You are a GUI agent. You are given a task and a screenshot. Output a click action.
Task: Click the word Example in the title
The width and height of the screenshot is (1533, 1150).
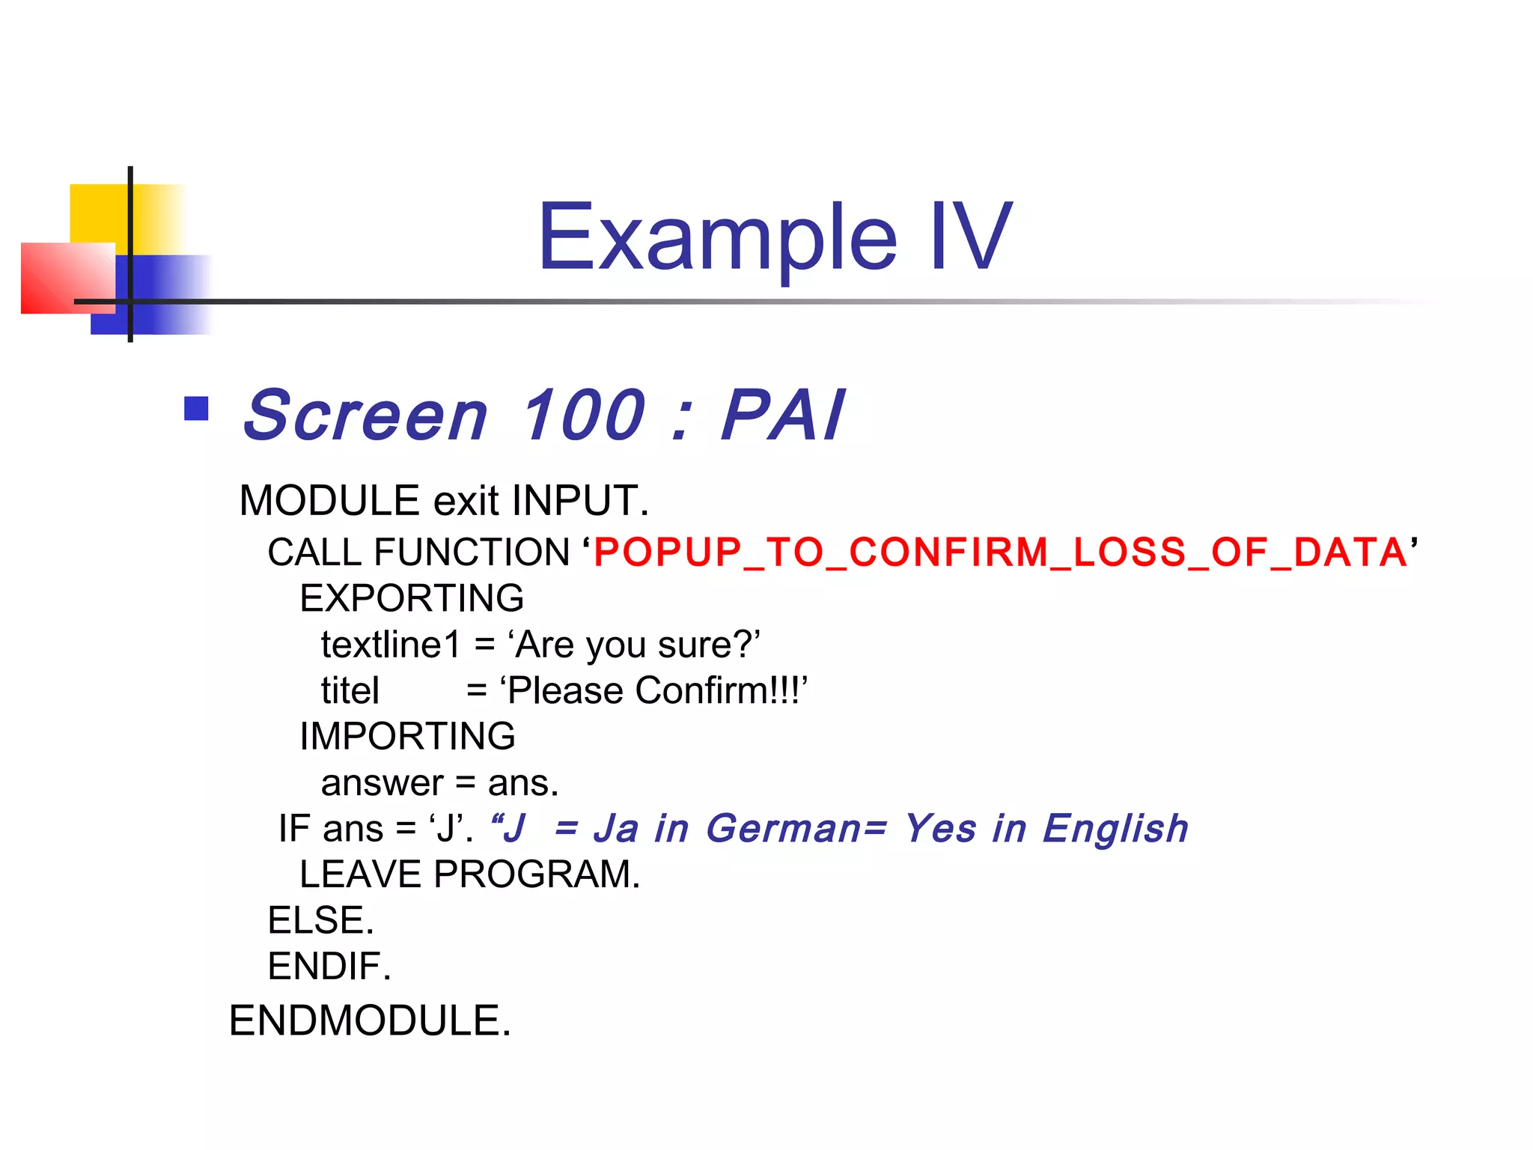(x=717, y=238)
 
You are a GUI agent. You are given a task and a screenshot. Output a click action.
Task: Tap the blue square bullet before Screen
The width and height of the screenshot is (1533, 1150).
(x=196, y=409)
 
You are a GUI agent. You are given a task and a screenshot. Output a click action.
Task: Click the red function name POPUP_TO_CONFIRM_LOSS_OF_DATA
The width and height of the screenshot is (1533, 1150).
(x=1001, y=553)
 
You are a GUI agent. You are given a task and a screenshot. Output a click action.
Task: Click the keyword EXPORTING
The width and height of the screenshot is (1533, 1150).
(x=412, y=598)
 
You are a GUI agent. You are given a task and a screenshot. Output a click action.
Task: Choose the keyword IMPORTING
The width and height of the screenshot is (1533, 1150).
(x=407, y=736)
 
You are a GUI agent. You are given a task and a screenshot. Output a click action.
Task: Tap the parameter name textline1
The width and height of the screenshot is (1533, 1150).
(x=391, y=645)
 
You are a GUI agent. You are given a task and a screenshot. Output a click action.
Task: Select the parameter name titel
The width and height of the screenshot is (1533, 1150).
(x=350, y=690)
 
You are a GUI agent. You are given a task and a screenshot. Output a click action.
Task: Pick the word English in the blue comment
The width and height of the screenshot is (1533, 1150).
(x=1115, y=828)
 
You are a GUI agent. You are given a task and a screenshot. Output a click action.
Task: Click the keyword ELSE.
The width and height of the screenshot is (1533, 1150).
(x=320, y=920)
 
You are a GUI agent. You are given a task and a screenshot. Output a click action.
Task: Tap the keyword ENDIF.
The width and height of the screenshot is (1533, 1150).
(x=329, y=966)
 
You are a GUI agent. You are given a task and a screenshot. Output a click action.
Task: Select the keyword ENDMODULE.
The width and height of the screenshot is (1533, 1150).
(x=370, y=1020)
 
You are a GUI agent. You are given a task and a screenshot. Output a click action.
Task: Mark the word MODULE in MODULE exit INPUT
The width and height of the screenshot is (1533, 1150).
(x=329, y=500)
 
